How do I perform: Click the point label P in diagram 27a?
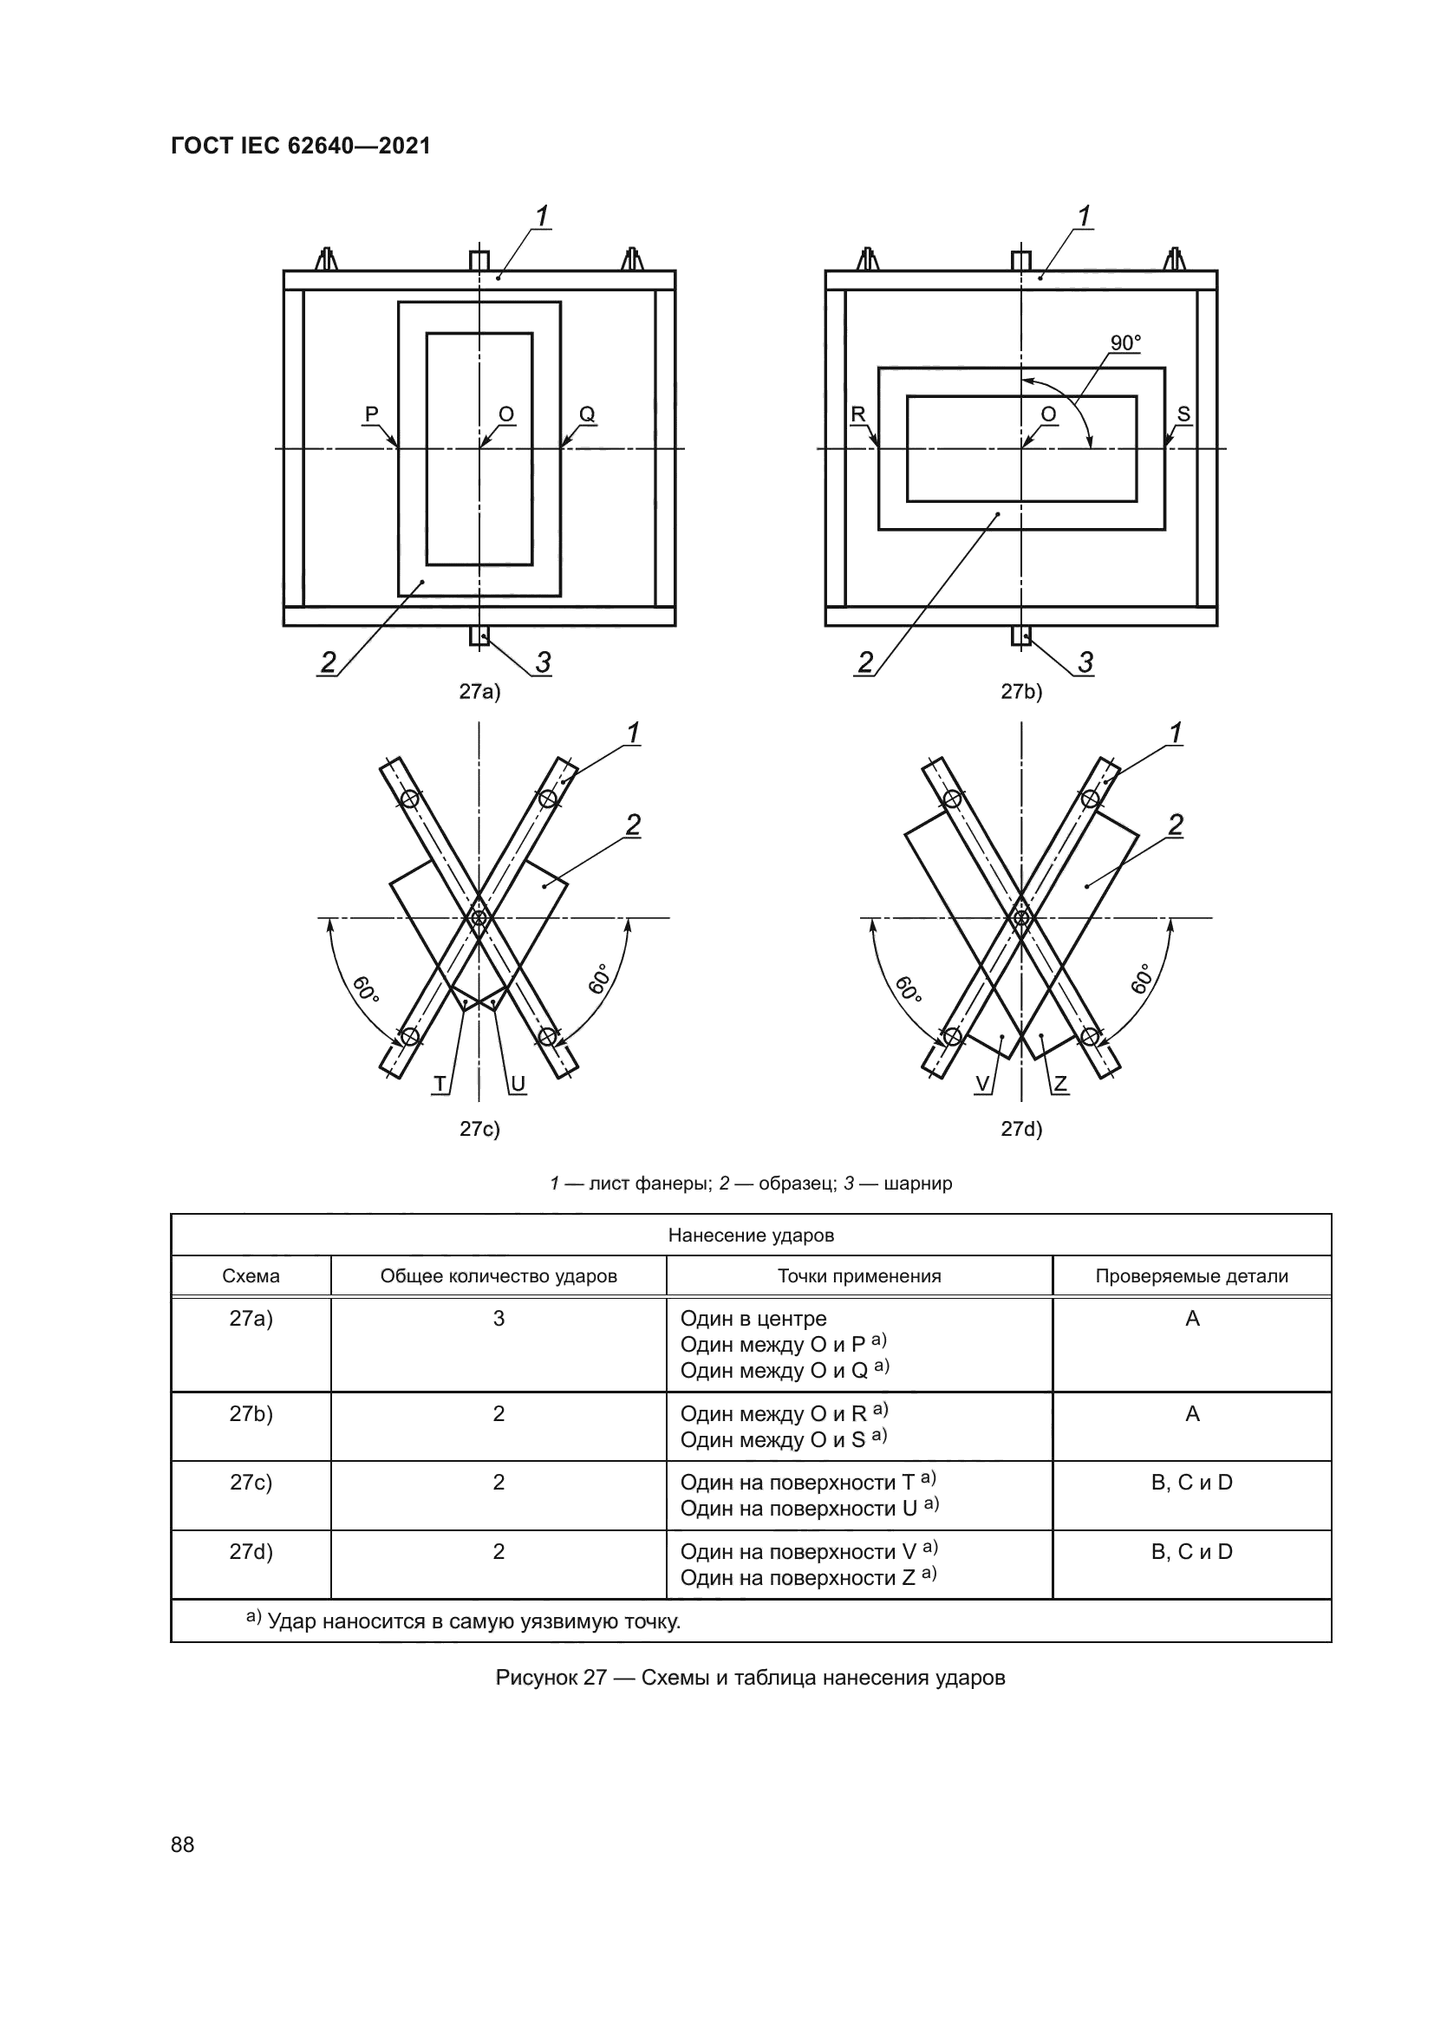click(x=372, y=414)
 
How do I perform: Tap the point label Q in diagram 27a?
click(x=587, y=414)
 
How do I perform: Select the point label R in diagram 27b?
click(x=858, y=414)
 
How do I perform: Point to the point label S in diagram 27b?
click(x=1184, y=414)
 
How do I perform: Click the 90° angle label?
click(x=1126, y=342)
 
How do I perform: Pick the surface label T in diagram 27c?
click(x=440, y=1084)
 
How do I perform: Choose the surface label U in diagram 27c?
click(x=518, y=1084)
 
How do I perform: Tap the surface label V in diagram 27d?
click(x=982, y=1084)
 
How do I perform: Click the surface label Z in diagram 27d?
click(x=1060, y=1084)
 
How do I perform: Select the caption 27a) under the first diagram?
click(x=479, y=692)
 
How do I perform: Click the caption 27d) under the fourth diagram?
click(x=1021, y=1129)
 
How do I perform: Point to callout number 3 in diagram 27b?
click(x=1086, y=662)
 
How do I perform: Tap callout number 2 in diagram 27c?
click(x=633, y=825)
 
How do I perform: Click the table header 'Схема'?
click(x=251, y=1275)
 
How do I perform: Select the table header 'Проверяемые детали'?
click(x=1191, y=1275)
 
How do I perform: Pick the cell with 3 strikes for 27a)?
click(x=499, y=1319)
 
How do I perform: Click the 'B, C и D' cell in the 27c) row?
click(x=1191, y=1482)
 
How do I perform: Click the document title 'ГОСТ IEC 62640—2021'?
click(x=301, y=146)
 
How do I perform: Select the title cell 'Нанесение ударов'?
click(x=751, y=1235)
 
